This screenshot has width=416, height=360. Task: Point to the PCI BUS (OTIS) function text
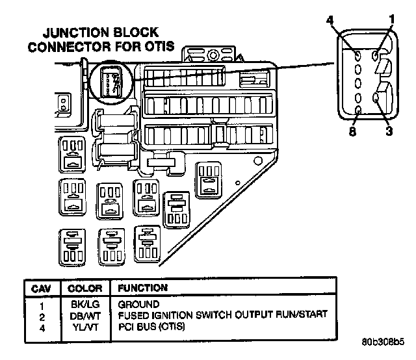pyautogui.click(x=151, y=325)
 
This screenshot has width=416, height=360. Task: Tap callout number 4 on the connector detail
pyautogui.click(x=331, y=21)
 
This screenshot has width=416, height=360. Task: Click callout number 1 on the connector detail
pyautogui.click(x=393, y=20)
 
